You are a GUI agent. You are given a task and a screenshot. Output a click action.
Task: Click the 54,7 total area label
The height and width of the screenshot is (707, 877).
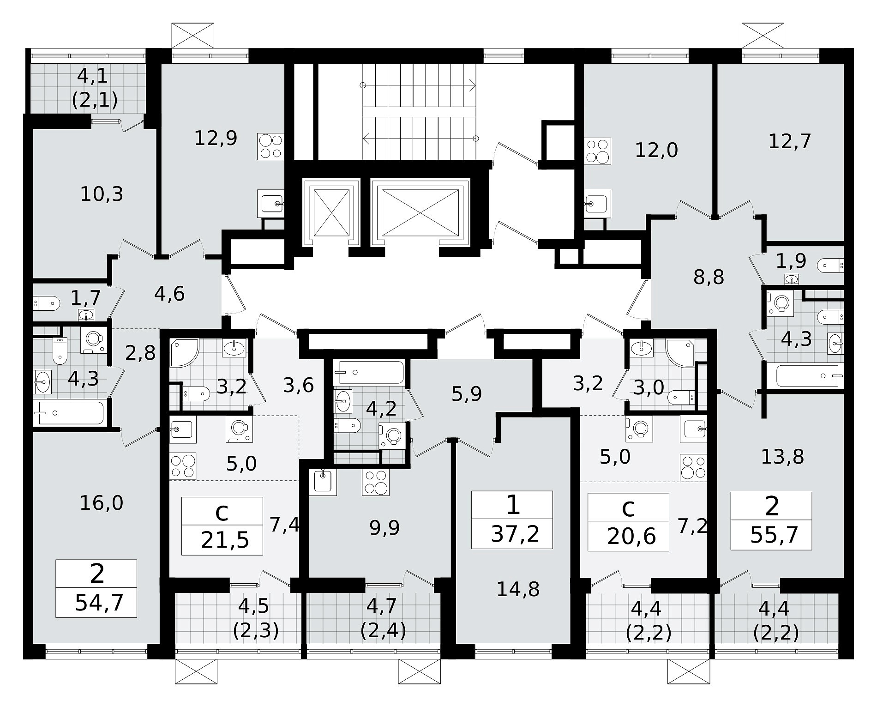pos(99,603)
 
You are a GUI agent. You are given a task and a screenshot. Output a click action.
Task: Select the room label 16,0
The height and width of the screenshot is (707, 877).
pos(102,502)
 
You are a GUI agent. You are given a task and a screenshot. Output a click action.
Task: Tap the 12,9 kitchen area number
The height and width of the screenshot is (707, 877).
pos(216,138)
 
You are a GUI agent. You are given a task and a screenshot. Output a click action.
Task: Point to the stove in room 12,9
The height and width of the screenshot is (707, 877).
pos(270,146)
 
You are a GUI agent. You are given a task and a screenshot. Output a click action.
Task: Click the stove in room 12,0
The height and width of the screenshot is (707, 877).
pos(598,151)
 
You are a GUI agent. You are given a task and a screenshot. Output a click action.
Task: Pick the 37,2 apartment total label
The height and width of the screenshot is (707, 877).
pos(515,535)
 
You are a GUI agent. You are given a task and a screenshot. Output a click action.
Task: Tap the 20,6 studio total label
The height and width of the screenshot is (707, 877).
pos(631,537)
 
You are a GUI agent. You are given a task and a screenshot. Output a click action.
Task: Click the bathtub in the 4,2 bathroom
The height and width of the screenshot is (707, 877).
pos(369,372)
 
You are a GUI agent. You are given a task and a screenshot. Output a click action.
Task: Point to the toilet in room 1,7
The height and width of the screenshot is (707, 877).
pos(47,303)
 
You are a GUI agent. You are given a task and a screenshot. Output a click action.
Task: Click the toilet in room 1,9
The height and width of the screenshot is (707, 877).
pos(830,266)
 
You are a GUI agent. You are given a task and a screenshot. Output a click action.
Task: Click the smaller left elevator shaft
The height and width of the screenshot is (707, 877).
pos(330,212)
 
